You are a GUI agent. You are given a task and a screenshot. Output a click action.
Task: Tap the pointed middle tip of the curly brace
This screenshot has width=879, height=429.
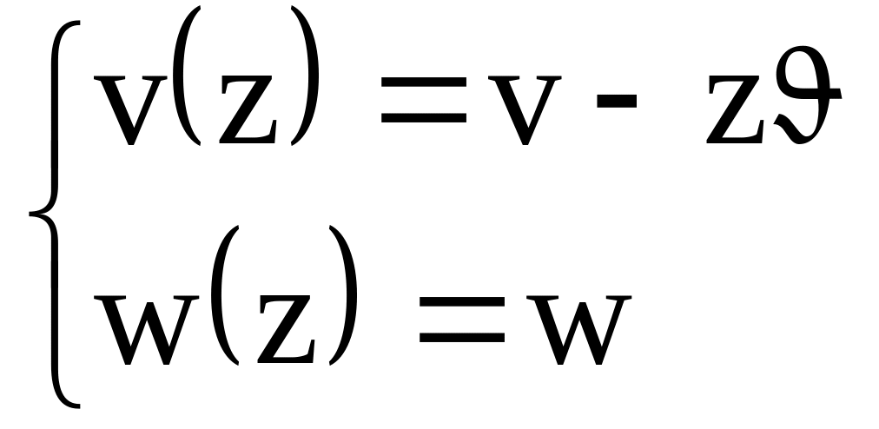pyautogui.click(x=33, y=213)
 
